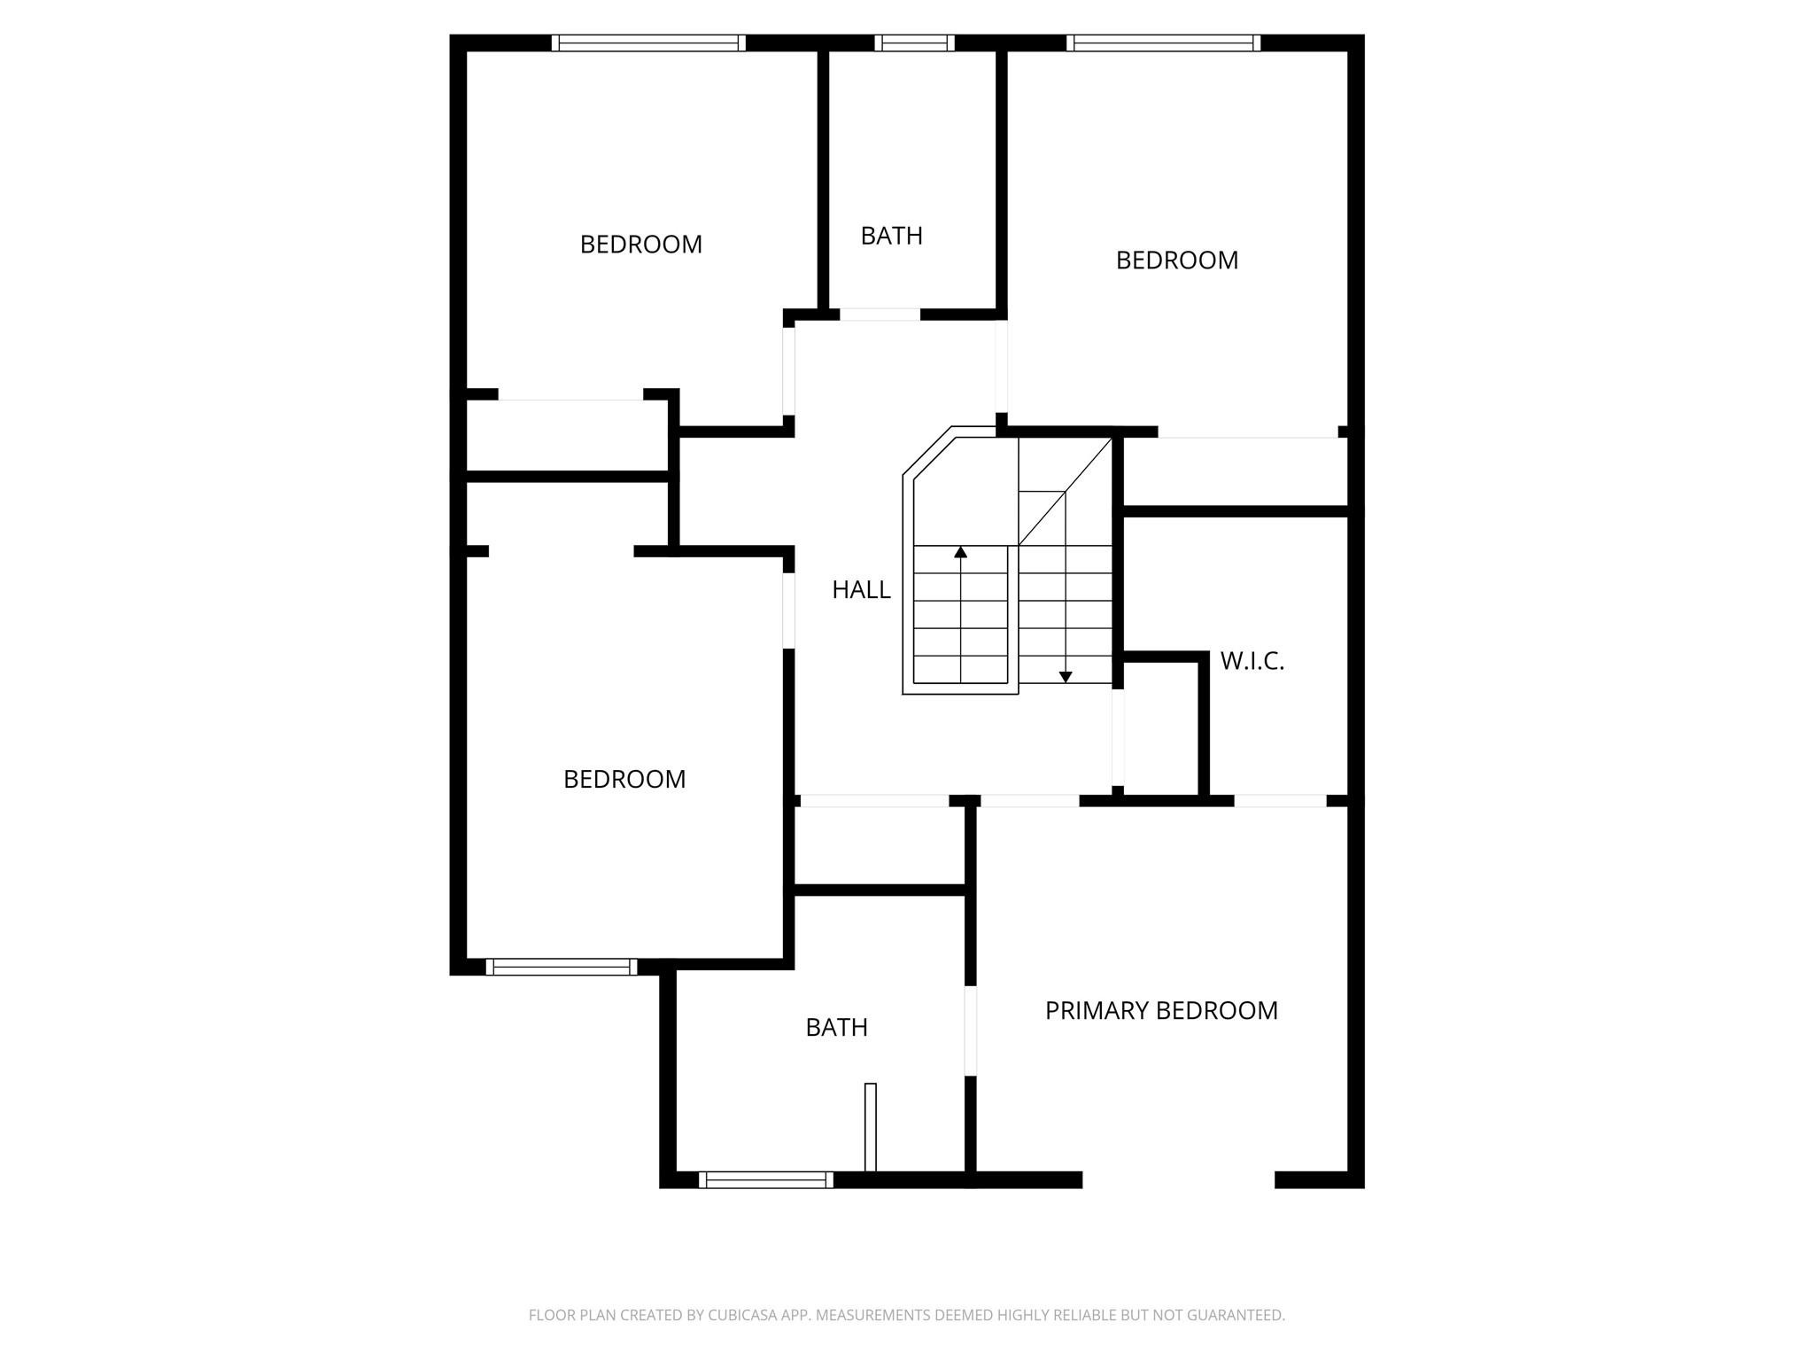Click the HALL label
(861, 590)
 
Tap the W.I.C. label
(1252, 661)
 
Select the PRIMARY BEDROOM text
(1161, 1011)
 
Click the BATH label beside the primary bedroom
(836, 1028)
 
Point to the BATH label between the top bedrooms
(891, 236)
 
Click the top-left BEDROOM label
(640, 245)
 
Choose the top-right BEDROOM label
(1176, 261)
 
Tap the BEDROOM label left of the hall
(624, 780)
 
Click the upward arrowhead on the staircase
(960, 553)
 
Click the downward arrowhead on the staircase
(1066, 677)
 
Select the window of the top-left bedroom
(648, 43)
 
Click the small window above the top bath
(914, 43)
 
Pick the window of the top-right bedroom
(1163, 43)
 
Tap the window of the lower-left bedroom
(561, 967)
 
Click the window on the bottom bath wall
(766, 1179)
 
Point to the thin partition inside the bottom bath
(870, 1126)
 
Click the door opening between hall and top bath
(880, 315)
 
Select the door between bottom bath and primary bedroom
(970, 1030)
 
